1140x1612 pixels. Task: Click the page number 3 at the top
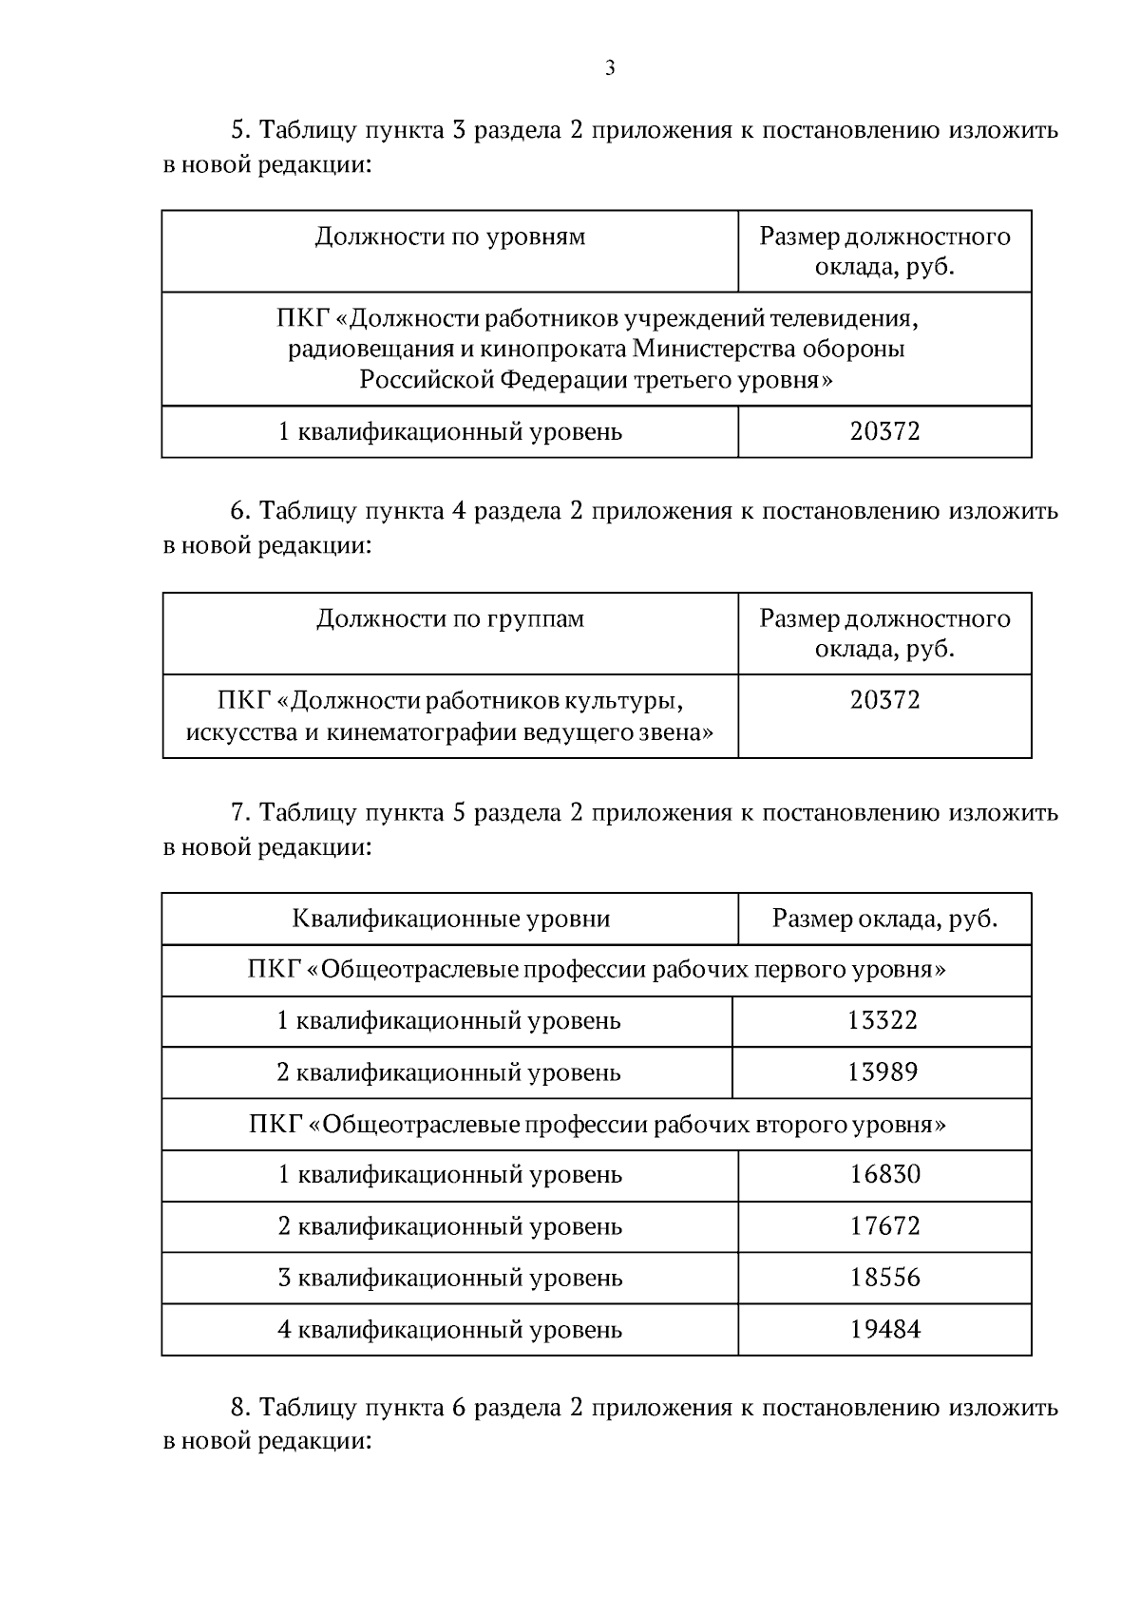click(609, 67)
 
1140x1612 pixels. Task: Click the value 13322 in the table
click(883, 1021)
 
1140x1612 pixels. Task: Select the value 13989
click(883, 1072)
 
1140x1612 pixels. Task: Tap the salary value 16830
click(885, 1175)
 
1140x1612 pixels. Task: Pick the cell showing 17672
click(885, 1226)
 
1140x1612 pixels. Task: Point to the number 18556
click(885, 1278)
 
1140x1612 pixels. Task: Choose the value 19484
click(885, 1329)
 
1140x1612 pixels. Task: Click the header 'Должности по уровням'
click(449, 237)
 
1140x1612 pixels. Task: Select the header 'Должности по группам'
click(449, 619)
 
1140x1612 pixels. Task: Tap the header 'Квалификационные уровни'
click(450, 919)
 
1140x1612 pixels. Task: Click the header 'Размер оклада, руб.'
click(884, 919)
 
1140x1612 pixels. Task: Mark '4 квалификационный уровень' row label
click(449, 1329)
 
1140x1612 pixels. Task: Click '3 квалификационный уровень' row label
click(449, 1278)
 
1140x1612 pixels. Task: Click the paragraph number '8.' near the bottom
click(240, 1407)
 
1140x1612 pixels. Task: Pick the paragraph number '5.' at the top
click(240, 130)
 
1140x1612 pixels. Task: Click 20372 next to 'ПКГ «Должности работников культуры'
click(885, 701)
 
